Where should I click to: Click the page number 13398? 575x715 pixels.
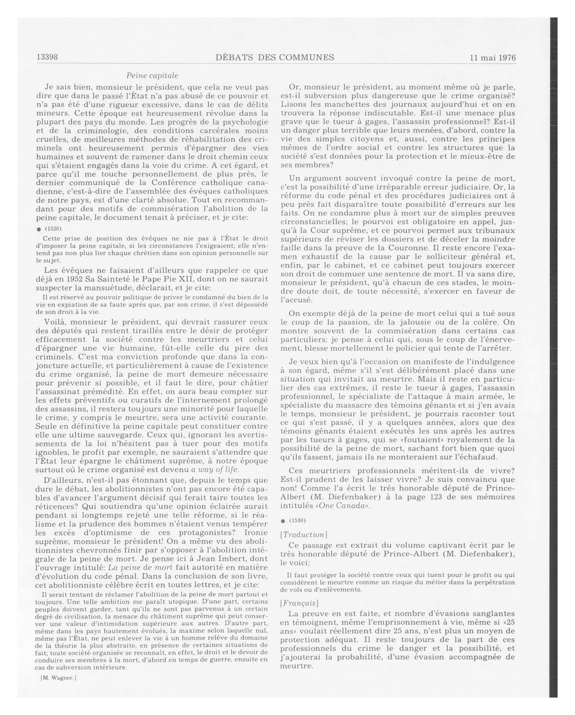pos(47,57)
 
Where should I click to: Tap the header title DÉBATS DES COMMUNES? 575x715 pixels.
pos(275,57)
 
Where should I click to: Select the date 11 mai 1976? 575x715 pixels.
pos(493,58)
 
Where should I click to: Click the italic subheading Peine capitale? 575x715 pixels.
pos(152,76)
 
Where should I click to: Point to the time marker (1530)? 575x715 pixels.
pos(297,520)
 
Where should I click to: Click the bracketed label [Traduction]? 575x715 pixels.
pos(304,535)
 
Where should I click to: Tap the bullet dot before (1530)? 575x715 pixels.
pos(283,521)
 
